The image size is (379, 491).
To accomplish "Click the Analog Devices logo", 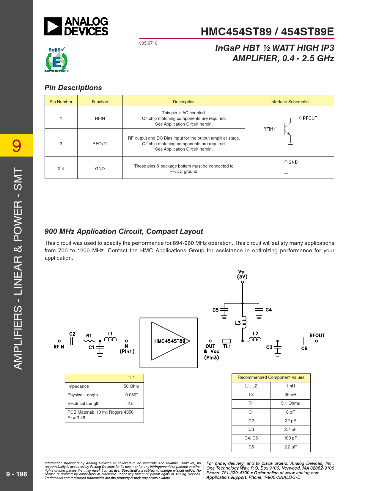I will pyautogui.click(x=76, y=26).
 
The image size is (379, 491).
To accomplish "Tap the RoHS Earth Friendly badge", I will pyautogui.click(x=56, y=60).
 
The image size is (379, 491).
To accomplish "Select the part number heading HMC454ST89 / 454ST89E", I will pyautogui.click(x=267, y=32).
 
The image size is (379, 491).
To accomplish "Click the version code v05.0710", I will pyautogui.click(x=148, y=43).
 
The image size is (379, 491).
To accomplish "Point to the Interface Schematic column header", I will pyautogui.click(x=289, y=101).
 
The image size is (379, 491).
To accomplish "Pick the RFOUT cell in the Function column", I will pyautogui.click(x=100, y=143).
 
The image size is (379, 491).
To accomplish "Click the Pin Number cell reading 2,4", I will pyautogui.click(x=61, y=168).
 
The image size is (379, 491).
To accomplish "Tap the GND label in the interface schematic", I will pyautogui.click(x=293, y=162).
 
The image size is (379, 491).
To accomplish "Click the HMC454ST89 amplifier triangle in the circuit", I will pyautogui.click(x=170, y=341).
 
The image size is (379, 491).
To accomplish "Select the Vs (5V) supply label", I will pyautogui.click(x=242, y=274).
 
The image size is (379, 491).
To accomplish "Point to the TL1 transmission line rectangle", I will pyautogui.click(x=227, y=341).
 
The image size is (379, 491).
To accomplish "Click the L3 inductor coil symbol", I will pyautogui.click(x=244, y=322).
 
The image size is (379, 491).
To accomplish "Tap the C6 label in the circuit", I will pyautogui.click(x=304, y=348).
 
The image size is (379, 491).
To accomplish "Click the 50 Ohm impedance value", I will pyautogui.click(x=131, y=386).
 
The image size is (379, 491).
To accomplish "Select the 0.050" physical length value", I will pyautogui.click(x=131, y=395).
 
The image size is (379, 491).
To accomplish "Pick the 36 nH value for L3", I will pyautogui.click(x=290, y=395).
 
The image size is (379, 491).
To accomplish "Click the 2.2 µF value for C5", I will pyautogui.click(x=290, y=447).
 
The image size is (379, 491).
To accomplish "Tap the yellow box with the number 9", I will pyautogui.click(x=17, y=146).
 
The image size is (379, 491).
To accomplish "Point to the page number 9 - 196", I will pyautogui.click(x=17, y=474).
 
